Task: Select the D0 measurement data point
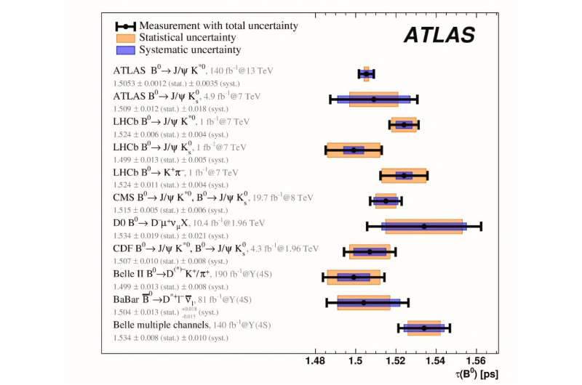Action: click(424, 226)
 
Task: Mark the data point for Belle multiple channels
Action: click(424, 328)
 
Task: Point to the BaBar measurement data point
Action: click(364, 302)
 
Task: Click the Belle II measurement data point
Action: click(354, 277)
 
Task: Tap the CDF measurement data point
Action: click(370, 251)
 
